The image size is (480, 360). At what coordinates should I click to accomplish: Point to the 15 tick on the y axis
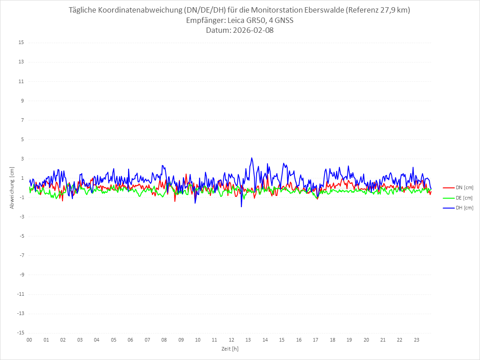21,43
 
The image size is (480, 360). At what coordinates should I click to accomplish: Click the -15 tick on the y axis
20,333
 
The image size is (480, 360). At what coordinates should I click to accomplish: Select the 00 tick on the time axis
29,340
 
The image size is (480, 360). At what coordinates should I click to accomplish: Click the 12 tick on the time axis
231,340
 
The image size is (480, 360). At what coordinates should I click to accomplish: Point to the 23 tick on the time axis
417,340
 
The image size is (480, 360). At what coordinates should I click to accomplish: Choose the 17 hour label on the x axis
316,340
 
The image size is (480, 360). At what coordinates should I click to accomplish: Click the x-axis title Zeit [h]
230,349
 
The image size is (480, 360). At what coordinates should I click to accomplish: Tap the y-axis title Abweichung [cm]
12,187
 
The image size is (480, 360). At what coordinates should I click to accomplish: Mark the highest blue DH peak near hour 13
252,158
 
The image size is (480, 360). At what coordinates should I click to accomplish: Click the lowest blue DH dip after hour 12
241,207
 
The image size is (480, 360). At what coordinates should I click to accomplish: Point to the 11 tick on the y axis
21,81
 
